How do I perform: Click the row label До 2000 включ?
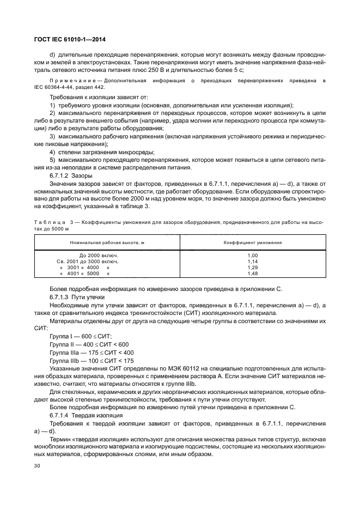tap(99, 255)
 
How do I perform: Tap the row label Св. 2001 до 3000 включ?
tap(91, 262)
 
